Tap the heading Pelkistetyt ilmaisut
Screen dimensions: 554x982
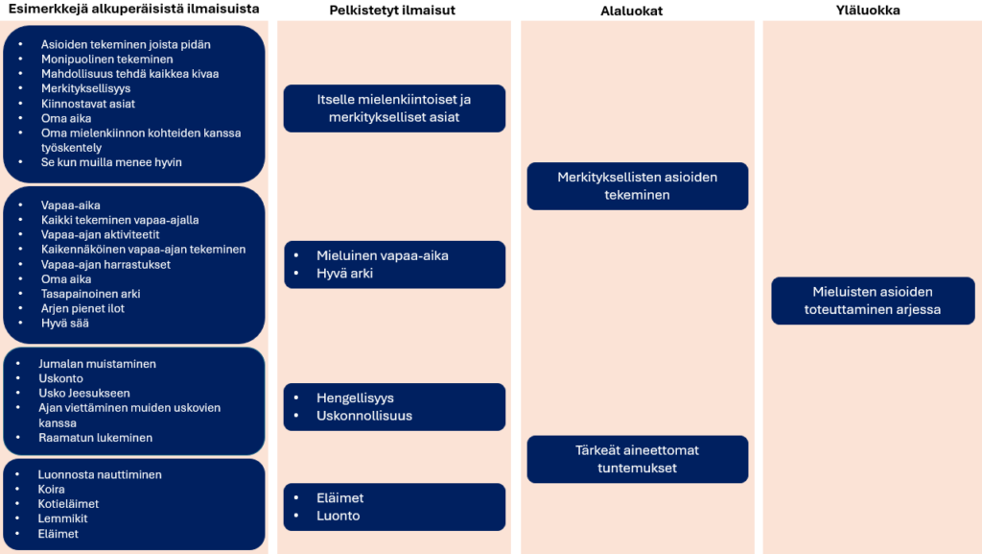(x=393, y=11)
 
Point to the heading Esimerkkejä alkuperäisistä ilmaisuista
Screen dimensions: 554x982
(x=133, y=11)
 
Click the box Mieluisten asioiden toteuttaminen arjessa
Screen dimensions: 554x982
(x=873, y=301)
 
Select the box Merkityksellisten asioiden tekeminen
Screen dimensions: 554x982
(x=637, y=186)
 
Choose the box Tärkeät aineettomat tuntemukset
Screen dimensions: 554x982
(x=637, y=459)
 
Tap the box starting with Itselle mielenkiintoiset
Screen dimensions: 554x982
(x=394, y=108)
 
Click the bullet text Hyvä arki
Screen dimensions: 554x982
(x=345, y=274)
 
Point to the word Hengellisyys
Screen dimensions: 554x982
(x=355, y=398)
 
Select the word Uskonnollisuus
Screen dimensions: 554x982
(x=364, y=416)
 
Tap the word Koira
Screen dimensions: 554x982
(x=52, y=490)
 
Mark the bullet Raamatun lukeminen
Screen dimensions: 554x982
(x=95, y=438)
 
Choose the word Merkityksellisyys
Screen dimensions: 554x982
(x=85, y=88)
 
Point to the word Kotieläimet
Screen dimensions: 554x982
(x=68, y=504)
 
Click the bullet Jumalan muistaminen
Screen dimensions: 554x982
(x=97, y=364)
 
